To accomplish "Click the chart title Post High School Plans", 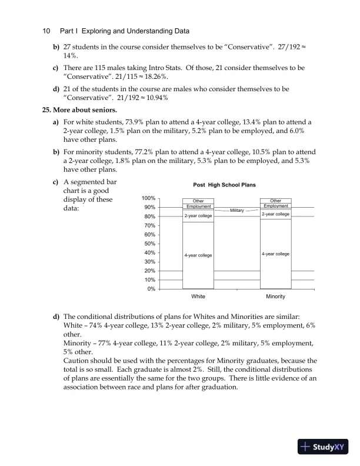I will pos(224,185).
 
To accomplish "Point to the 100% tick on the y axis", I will pos(148,199).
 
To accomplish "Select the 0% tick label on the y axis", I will pos(151,289).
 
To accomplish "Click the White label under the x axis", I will pos(198,297).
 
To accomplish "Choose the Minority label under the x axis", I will pos(275,297).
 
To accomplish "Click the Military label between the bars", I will pos(237,210).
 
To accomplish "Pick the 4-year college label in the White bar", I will pos(198,255).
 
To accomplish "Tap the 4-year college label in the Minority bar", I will pos(275,254).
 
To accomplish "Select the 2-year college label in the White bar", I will pos(198,216).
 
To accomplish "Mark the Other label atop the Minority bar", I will pos(275,201).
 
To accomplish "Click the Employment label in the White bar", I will pos(198,207).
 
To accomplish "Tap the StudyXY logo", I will pos(324,447).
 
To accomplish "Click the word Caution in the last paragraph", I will pos(78,360).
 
